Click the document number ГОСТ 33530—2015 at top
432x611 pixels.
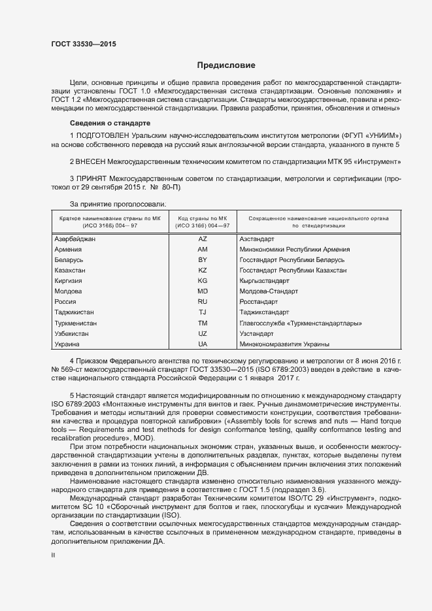click(x=80, y=42)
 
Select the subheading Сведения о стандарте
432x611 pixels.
click(x=110, y=123)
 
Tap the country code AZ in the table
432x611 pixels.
click(x=203, y=239)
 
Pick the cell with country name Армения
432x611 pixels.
click(x=68, y=250)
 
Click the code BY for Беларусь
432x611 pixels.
click(x=203, y=260)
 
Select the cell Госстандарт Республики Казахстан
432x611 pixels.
click(x=293, y=271)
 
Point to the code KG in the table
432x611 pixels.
click(x=203, y=281)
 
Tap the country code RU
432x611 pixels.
click(x=203, y=302)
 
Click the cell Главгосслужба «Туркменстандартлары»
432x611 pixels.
click(x=301, y=323)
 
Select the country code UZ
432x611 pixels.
click(x=203, y=334)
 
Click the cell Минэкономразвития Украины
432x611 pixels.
click(x=284, y=344)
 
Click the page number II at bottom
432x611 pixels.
click(x=54, y=555)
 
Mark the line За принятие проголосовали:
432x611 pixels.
click(x=109, y=205)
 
